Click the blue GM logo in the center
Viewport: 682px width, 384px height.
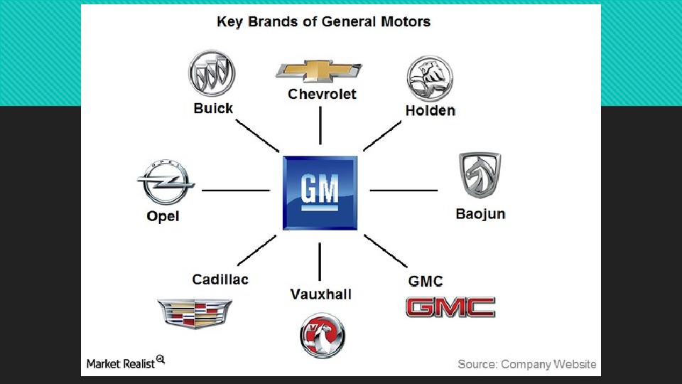click(x=320, y=193)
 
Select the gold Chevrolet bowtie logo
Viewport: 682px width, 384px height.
click(x=319, y=71)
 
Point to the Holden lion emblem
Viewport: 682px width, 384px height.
click(x=429, y=78)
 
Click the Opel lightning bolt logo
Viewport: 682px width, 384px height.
click(x=166, y=182)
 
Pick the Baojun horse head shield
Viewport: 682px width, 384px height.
click(x=480, y=175)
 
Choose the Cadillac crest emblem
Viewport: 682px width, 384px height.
click(x=194, y=313)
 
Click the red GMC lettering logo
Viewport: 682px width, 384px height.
click(x=450, y=307)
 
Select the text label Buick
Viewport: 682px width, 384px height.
click(x=213, y=109)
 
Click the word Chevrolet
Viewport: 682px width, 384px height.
click(x=322, y=94)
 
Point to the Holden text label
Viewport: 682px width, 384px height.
click(x=430, y=110)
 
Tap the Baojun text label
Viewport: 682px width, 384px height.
click(x=480, y=213)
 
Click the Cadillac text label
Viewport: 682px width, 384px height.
click(x=220, y=279)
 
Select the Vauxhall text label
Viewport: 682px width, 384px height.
click(x=320, y=294)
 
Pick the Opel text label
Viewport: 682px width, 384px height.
click(x=163, y=216)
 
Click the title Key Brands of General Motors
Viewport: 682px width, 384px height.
click(x=323, y=21)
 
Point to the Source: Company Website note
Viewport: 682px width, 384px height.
click(x=526, y=364)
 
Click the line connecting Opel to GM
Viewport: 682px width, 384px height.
click(x=236, y=191)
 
